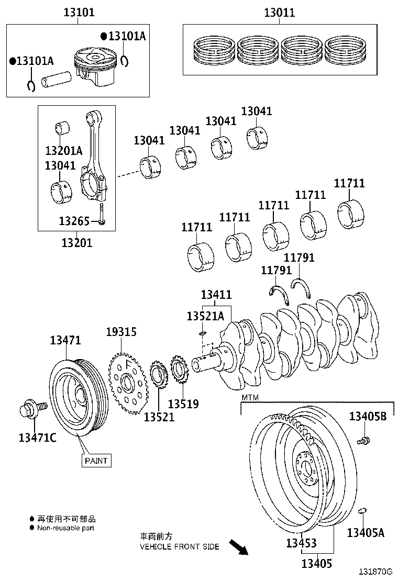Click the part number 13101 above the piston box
[x=79, y=12]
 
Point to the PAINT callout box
[x=96, y=461]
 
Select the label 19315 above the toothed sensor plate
[x=121, y=331]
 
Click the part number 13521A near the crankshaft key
[x=205, y=316]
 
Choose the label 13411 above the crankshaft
[x=216, y=295]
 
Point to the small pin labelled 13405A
[x=362, y=510]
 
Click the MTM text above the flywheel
[x=250, y=398]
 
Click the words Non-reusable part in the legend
[x=65, y=528]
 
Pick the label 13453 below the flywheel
[x=301, y=544]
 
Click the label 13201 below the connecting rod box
[x=76, y=243]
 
